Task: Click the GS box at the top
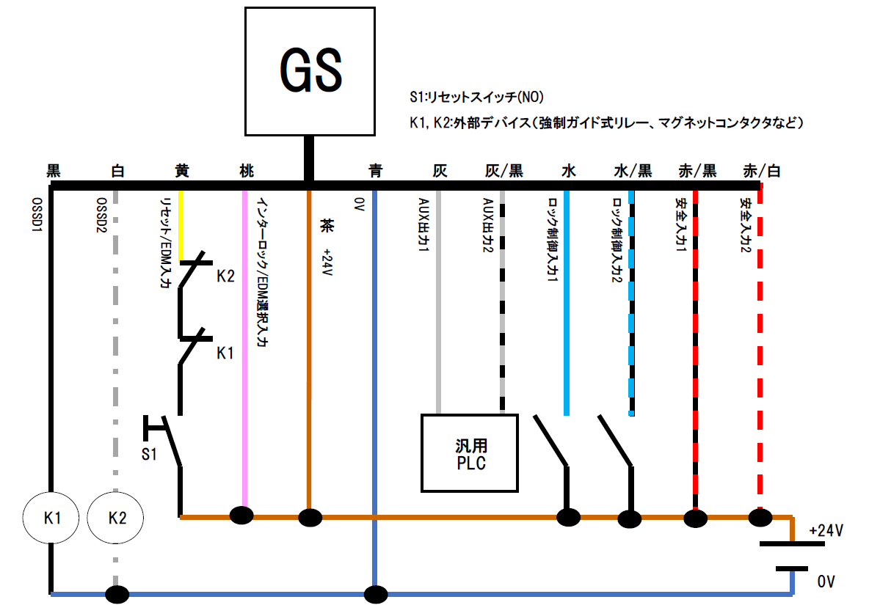click(310, 71)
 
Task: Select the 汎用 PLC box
click(470, 453)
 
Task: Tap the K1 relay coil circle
click(51, 518)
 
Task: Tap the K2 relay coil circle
click(117, 518)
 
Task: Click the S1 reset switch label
click(149, 454)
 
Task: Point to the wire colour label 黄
click(181, 172)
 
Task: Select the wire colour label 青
click(375, 172)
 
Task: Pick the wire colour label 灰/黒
click(504, 172)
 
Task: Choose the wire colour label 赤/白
click(761, 172)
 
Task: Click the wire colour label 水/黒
click(633, 172)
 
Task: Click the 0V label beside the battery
click(826, 582)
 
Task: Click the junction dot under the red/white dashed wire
click(760, 518)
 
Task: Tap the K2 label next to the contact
click(225, 276)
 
